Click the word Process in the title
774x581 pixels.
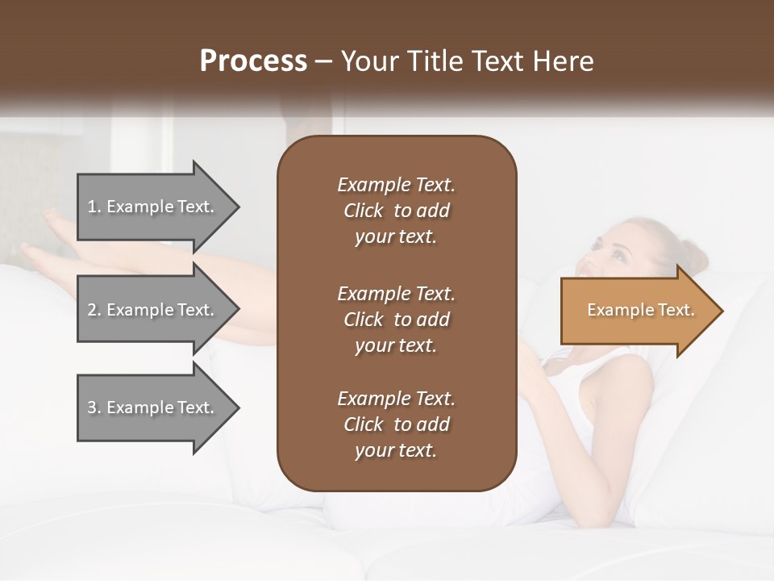[x=253, y=61]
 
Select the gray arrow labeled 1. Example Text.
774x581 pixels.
[x=153, y=207]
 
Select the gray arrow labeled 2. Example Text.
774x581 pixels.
[x=153, y=310]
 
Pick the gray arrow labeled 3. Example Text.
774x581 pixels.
[x=153, y=408]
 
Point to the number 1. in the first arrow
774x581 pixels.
[x=94, y=207]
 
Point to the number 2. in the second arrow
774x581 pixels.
[x=94, y=310]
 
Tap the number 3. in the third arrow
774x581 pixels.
[x=94, y=408]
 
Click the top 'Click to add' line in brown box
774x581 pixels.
[x=396, y=211]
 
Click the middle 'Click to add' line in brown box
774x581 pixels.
[x=396, y=320]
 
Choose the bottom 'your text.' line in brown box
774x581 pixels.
[x=396, y=451]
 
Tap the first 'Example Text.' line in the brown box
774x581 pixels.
[x=396, y=185]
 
